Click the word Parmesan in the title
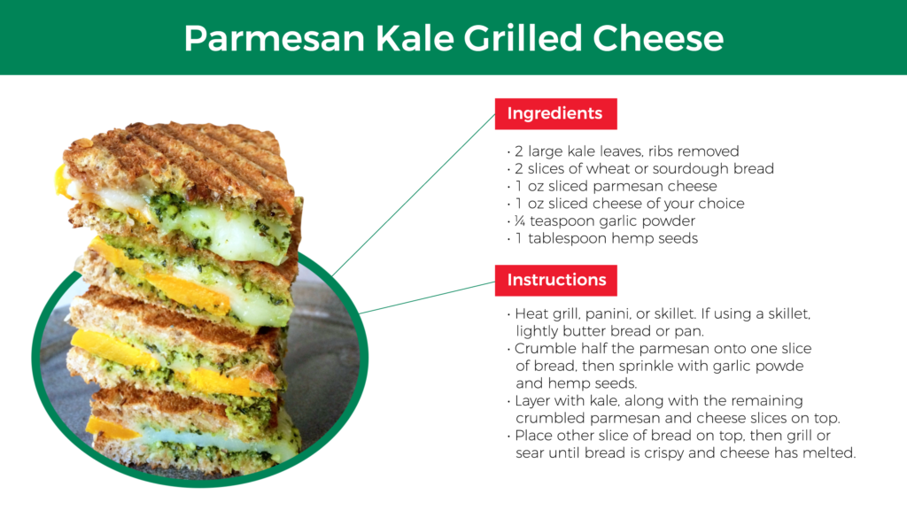(x=275, y=38)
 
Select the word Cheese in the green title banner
(x=658, y=38)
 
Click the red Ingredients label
(x=556, y=114)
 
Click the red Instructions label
(x=556, y=281)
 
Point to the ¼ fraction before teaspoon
(x=519, y=220)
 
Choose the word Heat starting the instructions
(x=531, y=314)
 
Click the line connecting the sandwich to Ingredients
(x=414, y=194)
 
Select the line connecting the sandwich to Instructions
(x=427, y=297)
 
